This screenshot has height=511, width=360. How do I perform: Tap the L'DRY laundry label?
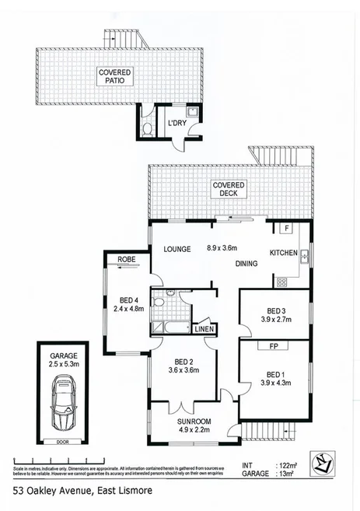click(178, 124)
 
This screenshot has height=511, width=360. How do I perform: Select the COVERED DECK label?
click(229, 189)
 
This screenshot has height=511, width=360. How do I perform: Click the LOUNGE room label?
click(177, 249)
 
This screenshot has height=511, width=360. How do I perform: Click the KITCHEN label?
click(284, 254)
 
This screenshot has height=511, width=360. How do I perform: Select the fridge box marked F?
click(285, 229)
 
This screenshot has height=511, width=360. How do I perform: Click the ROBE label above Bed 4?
click(127, 260)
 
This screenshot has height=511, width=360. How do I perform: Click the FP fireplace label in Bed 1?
click(275, 344)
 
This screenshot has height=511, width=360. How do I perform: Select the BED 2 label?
click(186, 362)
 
